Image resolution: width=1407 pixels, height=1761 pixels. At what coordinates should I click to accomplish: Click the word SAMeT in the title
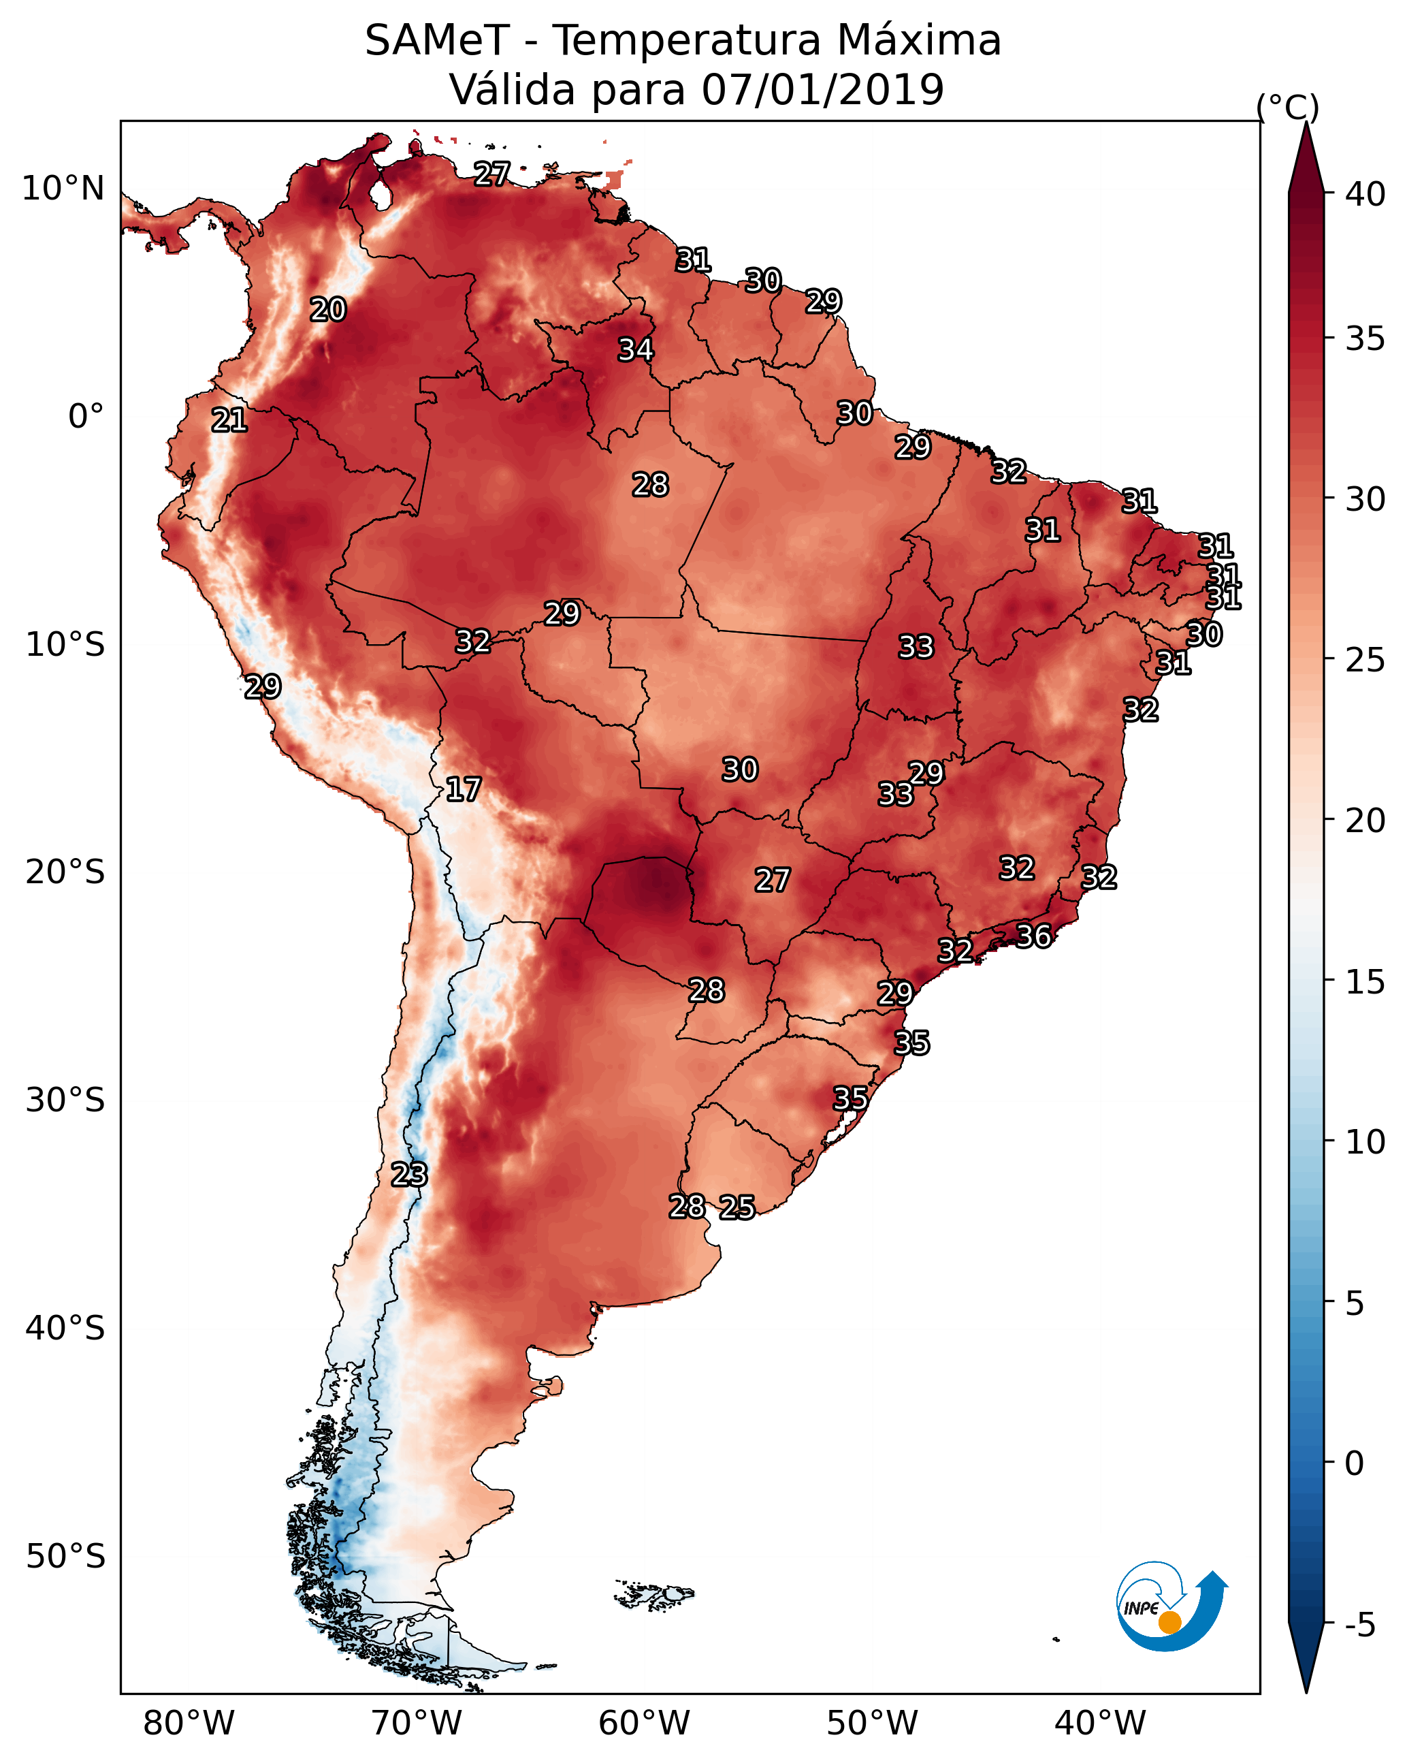point(437,40)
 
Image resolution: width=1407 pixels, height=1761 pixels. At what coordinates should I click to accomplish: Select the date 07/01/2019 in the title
point(822,89)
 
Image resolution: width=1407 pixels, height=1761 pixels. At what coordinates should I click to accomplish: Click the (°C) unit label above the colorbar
point(1287,106)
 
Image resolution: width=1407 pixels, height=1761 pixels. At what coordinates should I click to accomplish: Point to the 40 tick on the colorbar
point(1365,194)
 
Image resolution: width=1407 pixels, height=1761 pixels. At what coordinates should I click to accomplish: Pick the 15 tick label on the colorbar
point(1365,982)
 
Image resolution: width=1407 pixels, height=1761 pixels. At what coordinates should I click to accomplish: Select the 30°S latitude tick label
point(65,1100)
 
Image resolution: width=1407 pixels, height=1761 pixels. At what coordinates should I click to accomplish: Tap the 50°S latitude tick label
point(65,1557)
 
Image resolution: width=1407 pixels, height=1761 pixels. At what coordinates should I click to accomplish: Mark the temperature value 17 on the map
point(463,789)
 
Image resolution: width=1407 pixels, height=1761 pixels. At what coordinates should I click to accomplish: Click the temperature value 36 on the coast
point(1033,936)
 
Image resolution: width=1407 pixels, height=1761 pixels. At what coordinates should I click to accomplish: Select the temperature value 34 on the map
point(635,349)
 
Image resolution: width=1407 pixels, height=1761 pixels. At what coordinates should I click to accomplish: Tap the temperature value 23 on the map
point(408,1175)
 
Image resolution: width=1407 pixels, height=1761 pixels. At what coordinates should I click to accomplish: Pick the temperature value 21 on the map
point(229,420)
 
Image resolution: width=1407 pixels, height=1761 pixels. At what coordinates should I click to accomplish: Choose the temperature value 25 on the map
point(737,1207)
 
